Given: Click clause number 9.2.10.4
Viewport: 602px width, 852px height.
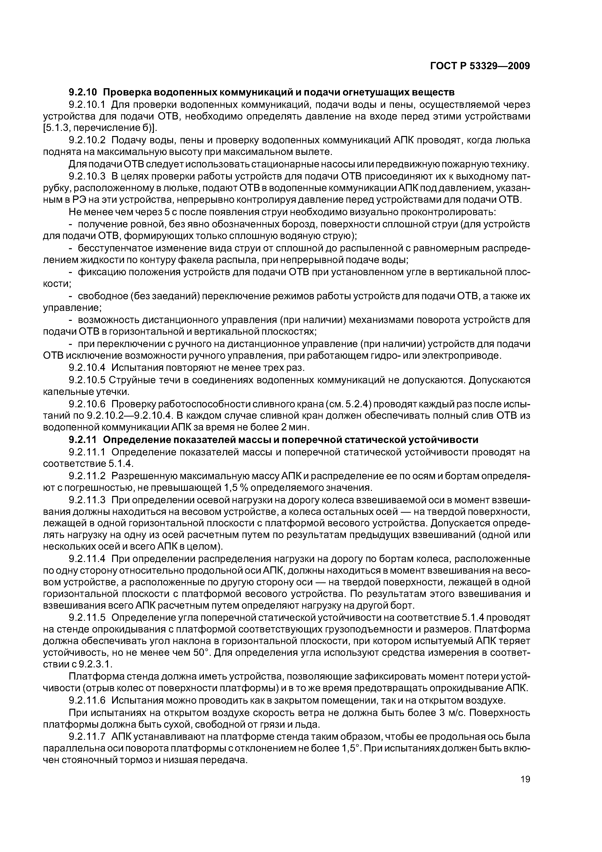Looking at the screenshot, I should click(x=88, y=367).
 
